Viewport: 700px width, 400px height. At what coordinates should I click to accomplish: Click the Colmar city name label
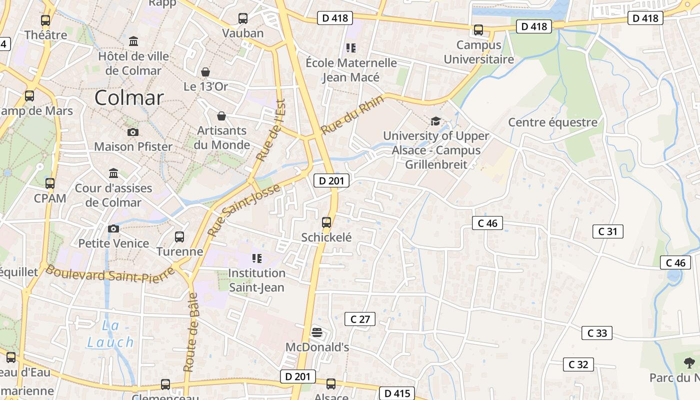click(x=129, y=97)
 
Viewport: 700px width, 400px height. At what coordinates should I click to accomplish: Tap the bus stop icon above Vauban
click(x=243, y=18)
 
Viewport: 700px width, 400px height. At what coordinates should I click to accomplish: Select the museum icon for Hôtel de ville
click(x=133, y=41)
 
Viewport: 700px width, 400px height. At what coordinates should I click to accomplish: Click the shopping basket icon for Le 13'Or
click(x=205, y=72)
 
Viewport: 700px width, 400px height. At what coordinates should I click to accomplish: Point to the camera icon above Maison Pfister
click(x=133, y=132)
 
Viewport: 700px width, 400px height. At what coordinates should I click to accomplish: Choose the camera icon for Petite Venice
click(x=113, y=228)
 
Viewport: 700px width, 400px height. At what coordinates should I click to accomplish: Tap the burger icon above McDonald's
click(x=316, y=332)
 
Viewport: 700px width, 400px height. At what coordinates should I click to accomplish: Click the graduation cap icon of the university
click(x=435, y=121)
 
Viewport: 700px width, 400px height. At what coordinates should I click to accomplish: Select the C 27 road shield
click(x=360, y=319)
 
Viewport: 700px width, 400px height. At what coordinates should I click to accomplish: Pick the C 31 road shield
click(x=607, y=231)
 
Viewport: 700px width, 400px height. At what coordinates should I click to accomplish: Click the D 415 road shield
click(x=398, y=393)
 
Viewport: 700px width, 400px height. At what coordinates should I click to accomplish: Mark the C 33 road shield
click(x=596, y=333)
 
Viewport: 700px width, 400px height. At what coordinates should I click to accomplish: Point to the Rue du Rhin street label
click(x=352, y=114)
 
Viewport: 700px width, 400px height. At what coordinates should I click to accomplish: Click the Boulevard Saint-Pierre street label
click(x=110, y=273)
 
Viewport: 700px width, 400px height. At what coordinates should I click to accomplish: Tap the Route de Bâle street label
click(x=190, y=332)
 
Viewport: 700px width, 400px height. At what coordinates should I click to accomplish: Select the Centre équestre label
click(x=552, y=122)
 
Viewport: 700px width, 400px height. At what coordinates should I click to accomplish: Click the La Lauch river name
click(x=110, y=334)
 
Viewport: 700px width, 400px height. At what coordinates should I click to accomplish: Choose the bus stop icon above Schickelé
click(x=326, y=222)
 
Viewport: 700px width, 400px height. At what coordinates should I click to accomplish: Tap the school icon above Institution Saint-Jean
click(x=257, y=258)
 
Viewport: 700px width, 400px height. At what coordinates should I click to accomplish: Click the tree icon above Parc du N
click(x=689, y=362)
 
